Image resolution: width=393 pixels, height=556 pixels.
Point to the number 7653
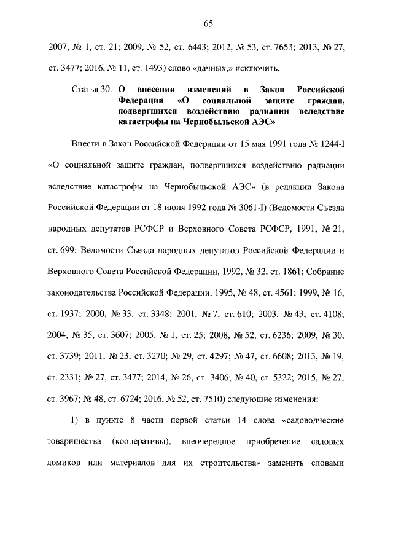coord(282,45)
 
